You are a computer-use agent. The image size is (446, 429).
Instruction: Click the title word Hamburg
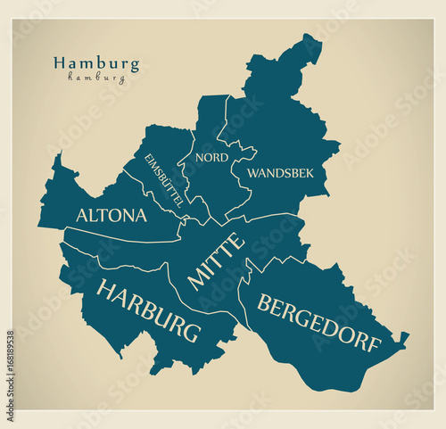pos(96,63)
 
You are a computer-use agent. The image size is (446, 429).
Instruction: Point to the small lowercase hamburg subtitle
pos(96,78)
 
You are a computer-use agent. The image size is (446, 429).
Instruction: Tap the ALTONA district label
pos(111,215)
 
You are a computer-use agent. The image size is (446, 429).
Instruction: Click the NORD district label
pos(212,157)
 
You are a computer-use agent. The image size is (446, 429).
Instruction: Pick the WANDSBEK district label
pos(280,172)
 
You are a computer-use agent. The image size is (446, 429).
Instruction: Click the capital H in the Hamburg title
pos(59,63)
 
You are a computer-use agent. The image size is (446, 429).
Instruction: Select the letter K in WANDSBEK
pos(309,172)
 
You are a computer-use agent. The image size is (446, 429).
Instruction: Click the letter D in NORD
pos(224,157)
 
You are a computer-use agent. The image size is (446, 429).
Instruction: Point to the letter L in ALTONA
pos(95,215)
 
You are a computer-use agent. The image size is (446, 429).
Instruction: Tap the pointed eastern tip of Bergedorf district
pos(407,335)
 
